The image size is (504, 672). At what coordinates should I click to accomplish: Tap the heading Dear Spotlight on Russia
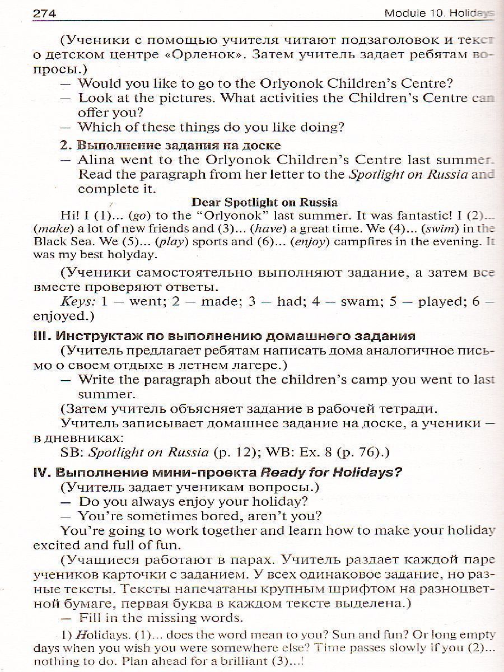point(264,202)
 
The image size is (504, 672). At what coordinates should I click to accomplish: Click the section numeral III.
point(42,336)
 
